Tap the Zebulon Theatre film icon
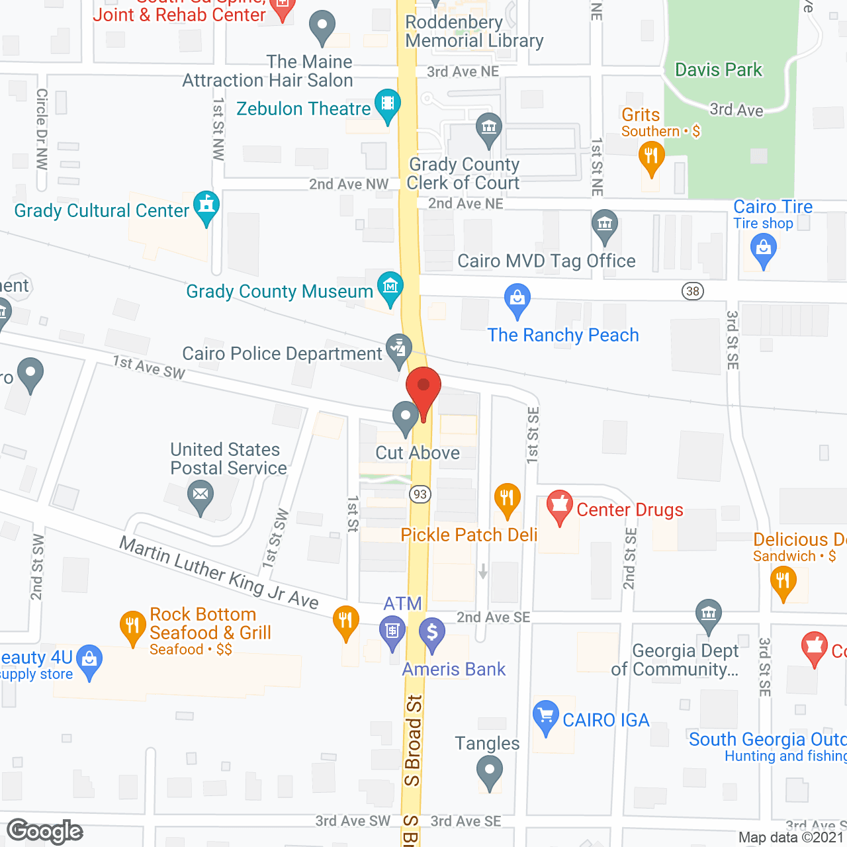click(388, 105)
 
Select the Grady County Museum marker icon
click(390, 287)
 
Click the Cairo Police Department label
click(283, 354)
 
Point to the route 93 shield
click(420, 494)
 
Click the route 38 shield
click(693, 291)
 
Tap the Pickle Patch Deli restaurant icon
click(507, 498)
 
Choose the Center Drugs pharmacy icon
click(560, 506)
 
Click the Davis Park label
click(718, 70)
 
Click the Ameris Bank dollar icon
click(432, 633)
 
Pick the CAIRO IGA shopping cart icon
click(546, 716)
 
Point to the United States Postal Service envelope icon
click(201, 494)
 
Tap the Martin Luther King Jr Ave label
click(218, 572)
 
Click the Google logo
click(45, 831)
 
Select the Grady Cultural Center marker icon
click(206, 206)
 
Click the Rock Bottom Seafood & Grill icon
click(132, 625)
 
